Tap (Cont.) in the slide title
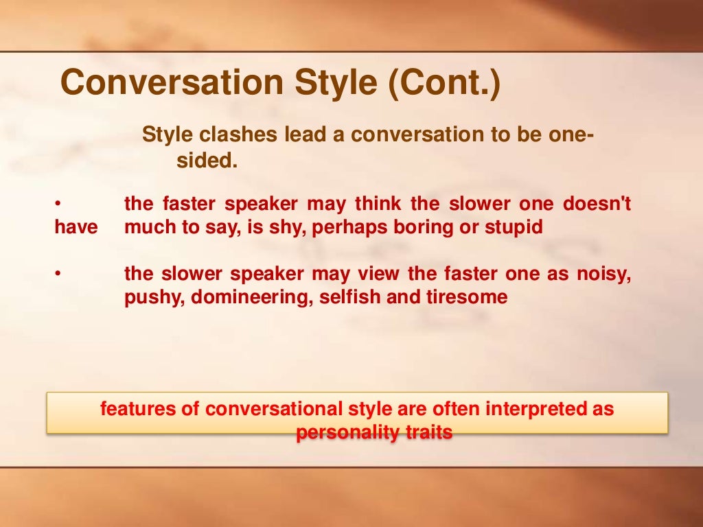(445, 83)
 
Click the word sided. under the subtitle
(207, 162)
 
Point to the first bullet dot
(58, 204)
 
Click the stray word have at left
(76, 228)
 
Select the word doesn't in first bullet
(597, 204)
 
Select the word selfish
(348, 298)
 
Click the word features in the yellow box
(141, 410)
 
